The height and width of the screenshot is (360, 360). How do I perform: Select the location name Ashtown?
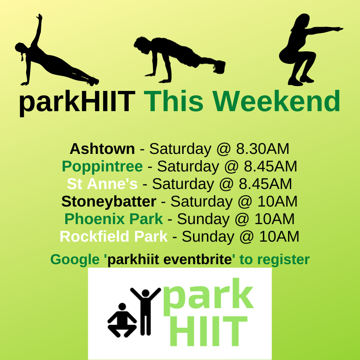(x=102, y=148)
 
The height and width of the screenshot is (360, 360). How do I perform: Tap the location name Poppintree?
(x=102, y=166)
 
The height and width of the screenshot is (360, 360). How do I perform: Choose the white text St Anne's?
(x=102, y=184)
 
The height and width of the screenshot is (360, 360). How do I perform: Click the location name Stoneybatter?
(x=109, y=202)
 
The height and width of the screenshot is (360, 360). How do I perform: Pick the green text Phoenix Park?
(x=113, y=219)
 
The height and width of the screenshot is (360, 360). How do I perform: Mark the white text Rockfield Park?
(x=113, y=237)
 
